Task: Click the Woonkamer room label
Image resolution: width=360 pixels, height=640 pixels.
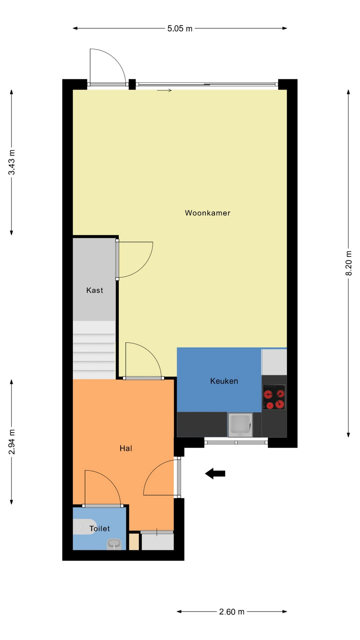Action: coord(208,213)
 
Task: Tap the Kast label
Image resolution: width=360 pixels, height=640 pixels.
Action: coord(95,290)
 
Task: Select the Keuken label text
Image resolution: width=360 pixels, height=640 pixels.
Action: coord(224,381)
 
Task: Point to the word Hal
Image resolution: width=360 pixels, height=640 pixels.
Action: coord(126,448)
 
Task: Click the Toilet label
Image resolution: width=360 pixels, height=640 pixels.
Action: coord(100,528)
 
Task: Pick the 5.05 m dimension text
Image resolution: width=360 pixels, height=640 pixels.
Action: coord(180,29)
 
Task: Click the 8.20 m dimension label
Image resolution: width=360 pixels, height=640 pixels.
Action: coord(349,263)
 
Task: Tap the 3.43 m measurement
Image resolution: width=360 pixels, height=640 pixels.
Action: coord(12,162)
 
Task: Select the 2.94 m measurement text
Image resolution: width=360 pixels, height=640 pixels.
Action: coord(12,442)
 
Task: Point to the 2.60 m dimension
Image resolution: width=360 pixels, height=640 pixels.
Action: coord(232,612)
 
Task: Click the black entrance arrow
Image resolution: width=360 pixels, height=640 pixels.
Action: coord(215,473)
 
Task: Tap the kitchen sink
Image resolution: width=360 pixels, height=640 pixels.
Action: coord(240,425)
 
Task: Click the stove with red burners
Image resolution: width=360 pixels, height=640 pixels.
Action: coord(274,397)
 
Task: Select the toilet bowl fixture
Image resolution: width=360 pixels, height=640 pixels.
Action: coord(85,527)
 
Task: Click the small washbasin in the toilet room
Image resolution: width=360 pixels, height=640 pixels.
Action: coord(114,544)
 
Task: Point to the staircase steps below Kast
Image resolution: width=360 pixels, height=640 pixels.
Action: coord(94,350)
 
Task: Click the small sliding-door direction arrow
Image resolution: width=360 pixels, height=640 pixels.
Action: coord(164,90)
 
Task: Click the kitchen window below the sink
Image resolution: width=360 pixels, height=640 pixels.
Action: coord(236,442)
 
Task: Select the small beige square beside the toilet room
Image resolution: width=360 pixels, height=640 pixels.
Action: coord(134,542)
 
